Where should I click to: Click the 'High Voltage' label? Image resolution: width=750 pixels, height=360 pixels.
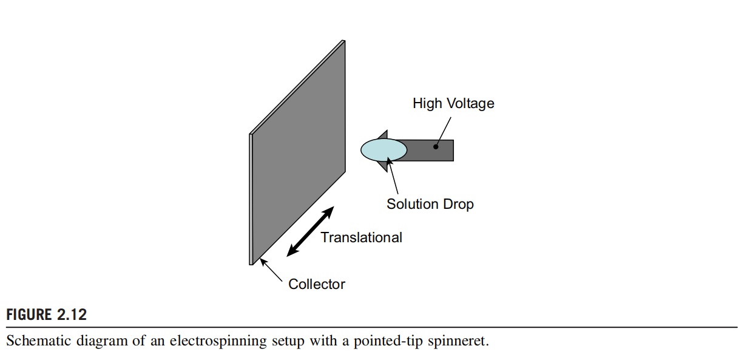453,104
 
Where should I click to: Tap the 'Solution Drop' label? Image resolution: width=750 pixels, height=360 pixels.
430,204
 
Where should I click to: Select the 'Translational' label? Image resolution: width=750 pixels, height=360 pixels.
361,237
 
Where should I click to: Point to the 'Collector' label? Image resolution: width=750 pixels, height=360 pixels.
317,284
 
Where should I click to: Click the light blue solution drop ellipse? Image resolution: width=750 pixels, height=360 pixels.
383,149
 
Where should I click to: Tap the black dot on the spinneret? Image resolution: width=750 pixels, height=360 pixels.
435,146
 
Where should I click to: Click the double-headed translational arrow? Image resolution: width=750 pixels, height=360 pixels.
310,231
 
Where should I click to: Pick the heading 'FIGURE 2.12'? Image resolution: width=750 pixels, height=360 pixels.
47,314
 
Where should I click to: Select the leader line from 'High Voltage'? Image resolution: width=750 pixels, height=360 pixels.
444,129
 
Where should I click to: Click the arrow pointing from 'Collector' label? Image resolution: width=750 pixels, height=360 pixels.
271,271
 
